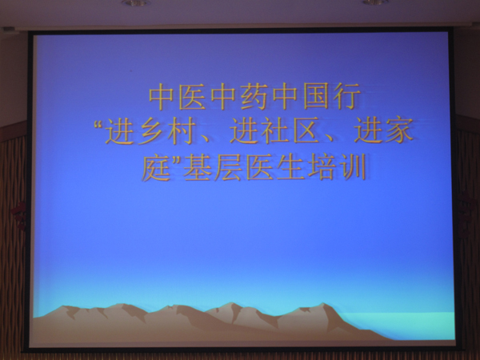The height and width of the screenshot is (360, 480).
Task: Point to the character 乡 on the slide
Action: pyautogui.click(x=149, y=131)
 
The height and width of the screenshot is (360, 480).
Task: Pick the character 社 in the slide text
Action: pyautogui.click(x=274, y=131)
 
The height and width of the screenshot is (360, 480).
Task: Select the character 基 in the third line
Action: pyautogui.click(x=198, y=167)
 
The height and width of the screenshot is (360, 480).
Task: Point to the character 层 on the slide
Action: pyautogui.click(x=229, y=167)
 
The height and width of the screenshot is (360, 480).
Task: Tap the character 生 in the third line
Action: pyautogui.click(x=291, y=167)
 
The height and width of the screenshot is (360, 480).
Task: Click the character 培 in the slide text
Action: pyautogui.click(x=322, y=167)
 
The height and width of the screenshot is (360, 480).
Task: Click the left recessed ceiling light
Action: pyautogui.click(x=136, y=2)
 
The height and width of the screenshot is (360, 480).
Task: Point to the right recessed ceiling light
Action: pyautogui.click(x=375, y=2)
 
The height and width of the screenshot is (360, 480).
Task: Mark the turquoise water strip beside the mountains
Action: pyautogui.click(x=401, y=325)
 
